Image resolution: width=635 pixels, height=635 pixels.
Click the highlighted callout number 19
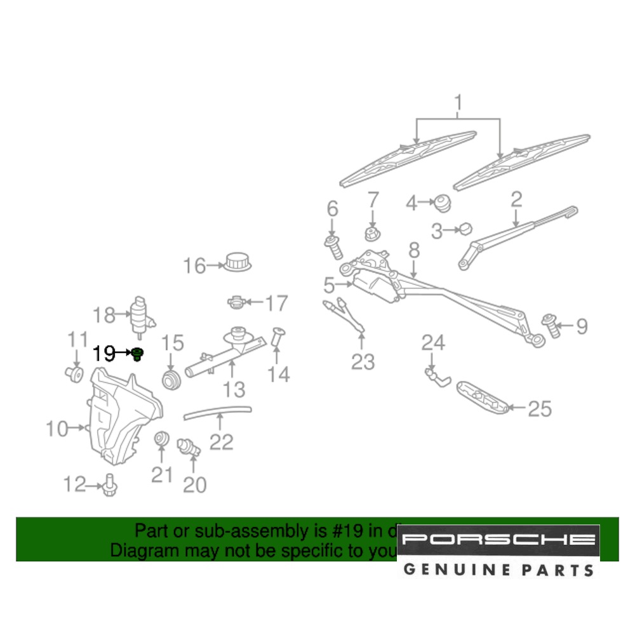pos(105,354)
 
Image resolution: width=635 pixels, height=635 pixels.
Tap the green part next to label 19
pos(137,354)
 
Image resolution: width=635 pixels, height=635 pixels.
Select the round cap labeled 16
pos(237,261)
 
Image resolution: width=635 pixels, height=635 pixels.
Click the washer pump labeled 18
pos(139,314)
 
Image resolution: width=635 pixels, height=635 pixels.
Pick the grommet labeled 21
pos(161,438)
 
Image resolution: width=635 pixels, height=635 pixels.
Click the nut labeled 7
pos(372,234)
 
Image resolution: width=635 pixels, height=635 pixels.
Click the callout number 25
pos(540,409)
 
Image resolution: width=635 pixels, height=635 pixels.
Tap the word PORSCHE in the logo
pos(499,540)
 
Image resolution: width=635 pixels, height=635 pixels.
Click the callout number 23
pos(364,363)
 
